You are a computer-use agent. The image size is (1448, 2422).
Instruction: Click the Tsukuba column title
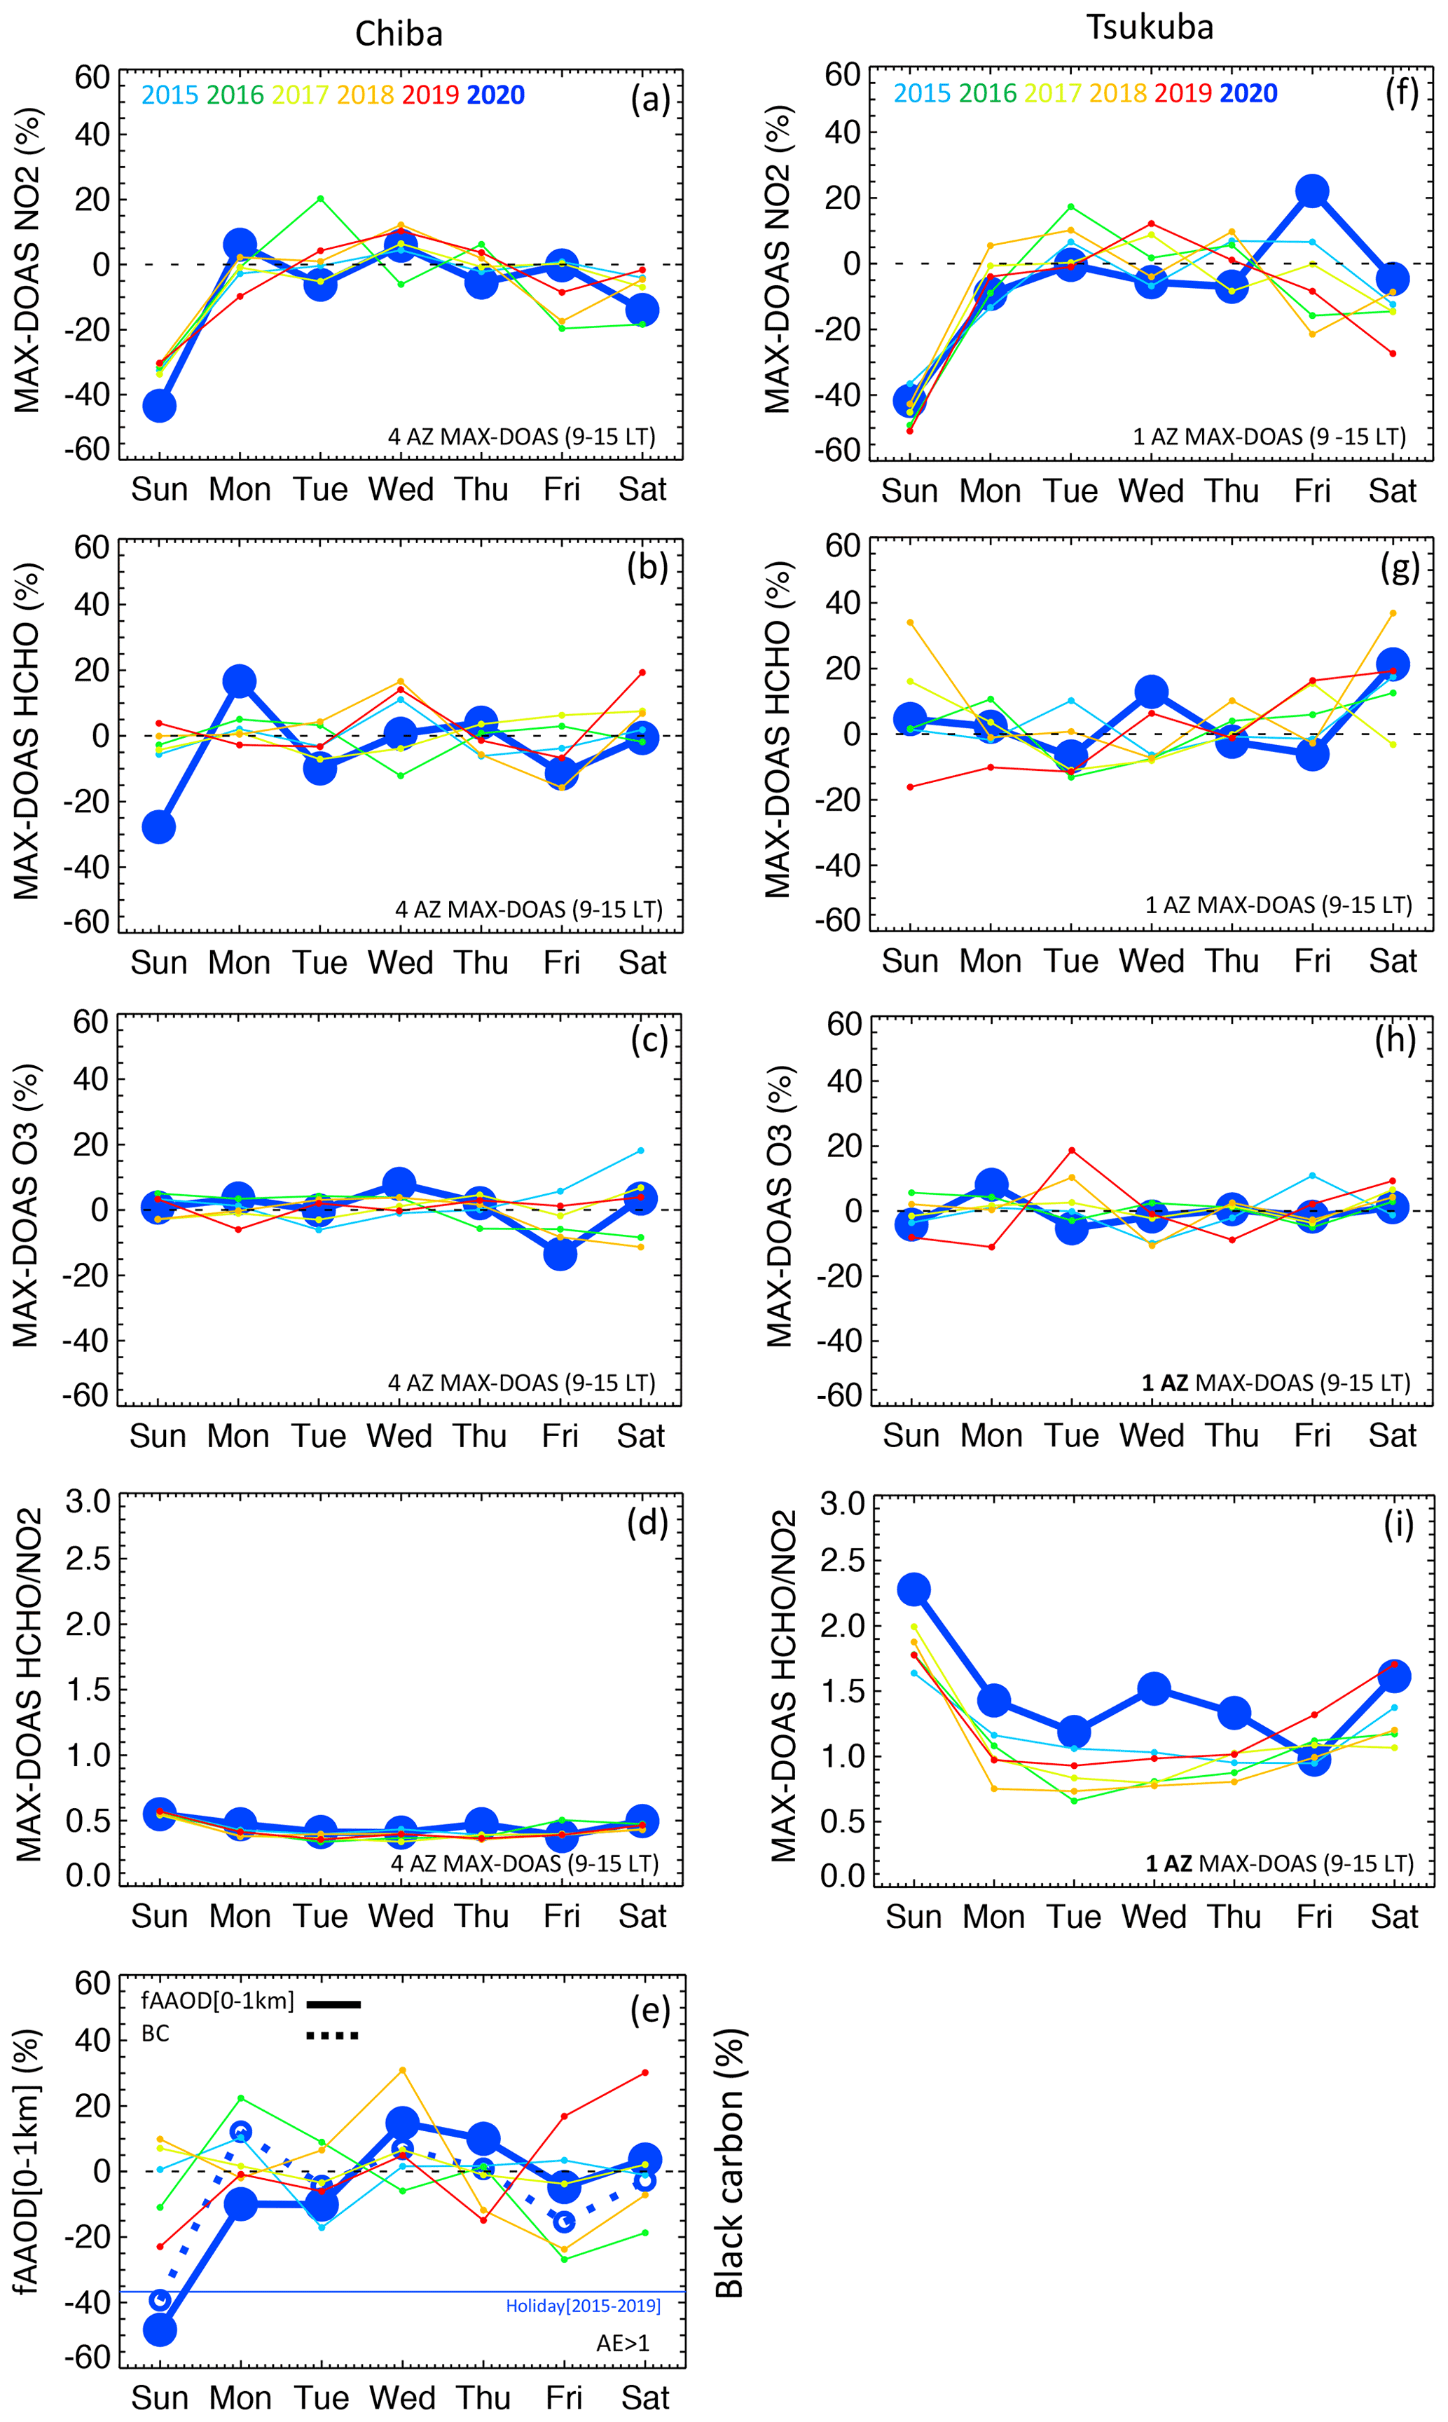click(1150, 27)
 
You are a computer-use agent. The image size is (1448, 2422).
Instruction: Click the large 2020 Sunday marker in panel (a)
click(159, 406)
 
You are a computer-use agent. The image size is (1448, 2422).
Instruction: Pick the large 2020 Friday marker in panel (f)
click(1312, 191)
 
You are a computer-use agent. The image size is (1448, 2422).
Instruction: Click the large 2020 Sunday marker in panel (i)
click(913, 1589)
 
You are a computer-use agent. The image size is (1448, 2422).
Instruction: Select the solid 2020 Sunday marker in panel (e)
click(159, 2330)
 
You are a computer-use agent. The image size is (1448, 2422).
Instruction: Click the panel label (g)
click(1399, 568)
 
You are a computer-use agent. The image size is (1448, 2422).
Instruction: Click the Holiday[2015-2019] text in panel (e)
click(583, 2306)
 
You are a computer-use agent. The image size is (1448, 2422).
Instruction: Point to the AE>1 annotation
click(623, 2343)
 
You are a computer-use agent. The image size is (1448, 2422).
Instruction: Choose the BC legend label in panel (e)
click(155, 2034)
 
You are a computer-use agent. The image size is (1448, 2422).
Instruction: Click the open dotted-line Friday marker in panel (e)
click(564, 2223)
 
